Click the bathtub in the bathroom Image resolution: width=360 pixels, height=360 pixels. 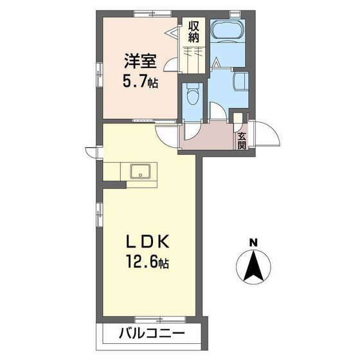coord(228,31)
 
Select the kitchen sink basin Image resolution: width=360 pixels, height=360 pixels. coord(140,171)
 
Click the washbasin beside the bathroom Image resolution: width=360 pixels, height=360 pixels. coord(241,81)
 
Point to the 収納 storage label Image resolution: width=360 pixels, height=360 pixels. coord(194,32)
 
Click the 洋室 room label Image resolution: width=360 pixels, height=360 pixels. coord(140,61)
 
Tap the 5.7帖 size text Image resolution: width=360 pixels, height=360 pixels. coord(140,82)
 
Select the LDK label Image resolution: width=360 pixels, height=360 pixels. coord(148,241)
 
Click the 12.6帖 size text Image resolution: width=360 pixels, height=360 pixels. coord(147,262)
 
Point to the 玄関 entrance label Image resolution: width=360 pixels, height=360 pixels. coord(242,141)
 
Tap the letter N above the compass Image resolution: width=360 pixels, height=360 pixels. coord(253,242)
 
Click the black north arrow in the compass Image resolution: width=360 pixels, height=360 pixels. coord(254,265)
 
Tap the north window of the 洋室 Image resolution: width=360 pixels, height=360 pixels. coord(152,14)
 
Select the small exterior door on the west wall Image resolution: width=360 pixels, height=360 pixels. coord(92,152)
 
